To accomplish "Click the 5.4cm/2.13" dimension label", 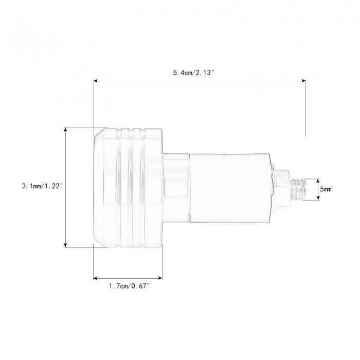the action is pos(193,73).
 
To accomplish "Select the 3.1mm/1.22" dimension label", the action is pos(43,186).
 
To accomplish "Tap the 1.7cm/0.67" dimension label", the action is pos(129,286).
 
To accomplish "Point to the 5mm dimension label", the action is pos(326,189).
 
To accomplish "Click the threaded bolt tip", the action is pos(298,190).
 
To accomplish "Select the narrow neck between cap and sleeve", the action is pos(176,188).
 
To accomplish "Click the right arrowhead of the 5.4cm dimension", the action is pos(303,81).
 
